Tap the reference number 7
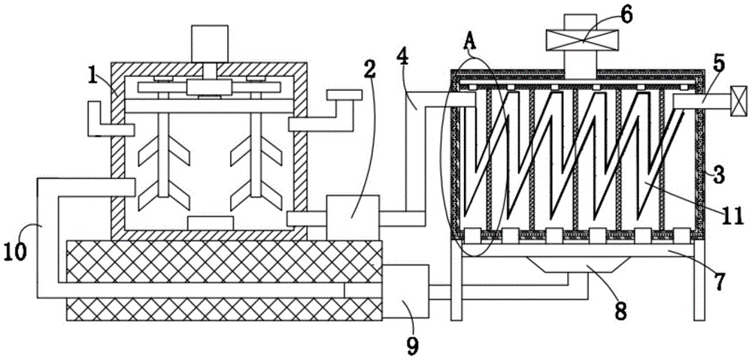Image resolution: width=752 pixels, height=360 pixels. point(720,283)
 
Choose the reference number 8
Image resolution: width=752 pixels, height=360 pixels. point(620,310)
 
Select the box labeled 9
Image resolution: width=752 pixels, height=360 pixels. point(405,292)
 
